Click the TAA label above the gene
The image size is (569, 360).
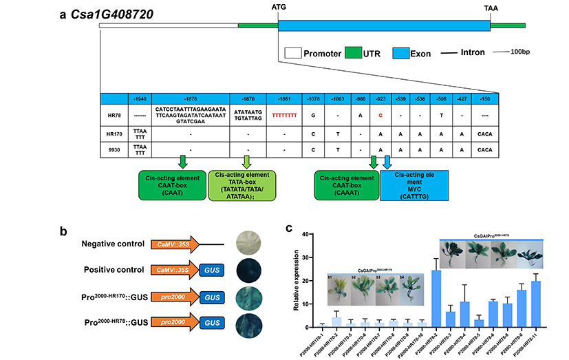point(490,7)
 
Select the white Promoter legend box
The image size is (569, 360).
point(292,53)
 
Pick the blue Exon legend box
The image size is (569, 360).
point(401,53)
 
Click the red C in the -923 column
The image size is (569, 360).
point(379,115)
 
